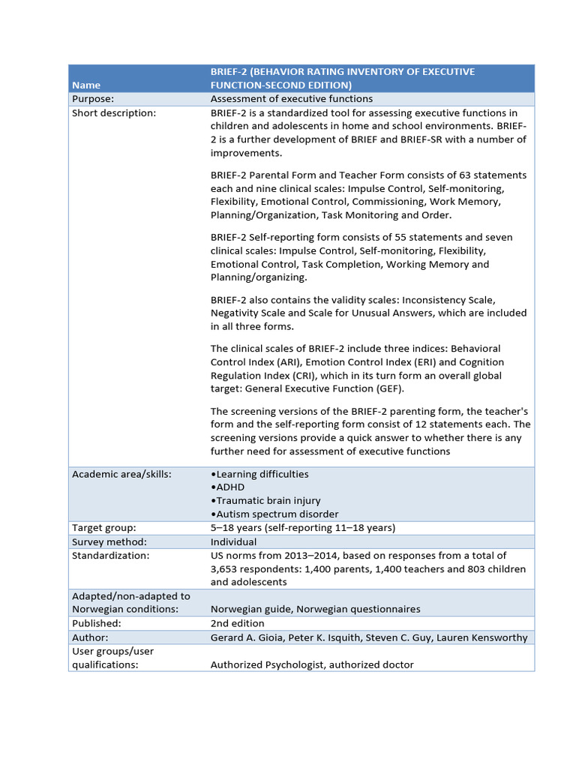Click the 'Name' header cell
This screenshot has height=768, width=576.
(x=85, y=85)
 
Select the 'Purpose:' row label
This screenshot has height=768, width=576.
(x=93, y=99)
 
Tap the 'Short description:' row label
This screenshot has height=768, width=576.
(x=114, y=113)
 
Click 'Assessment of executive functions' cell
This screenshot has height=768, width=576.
(x=291, y=99)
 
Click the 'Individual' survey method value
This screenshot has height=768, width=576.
(x=233, y=541)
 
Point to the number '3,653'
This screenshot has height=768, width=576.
(x=226, y=568)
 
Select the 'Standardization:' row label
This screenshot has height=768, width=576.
(x=110, y=555)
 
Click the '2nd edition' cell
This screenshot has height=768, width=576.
(x=237, y=623)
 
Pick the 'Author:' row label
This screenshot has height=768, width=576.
(x=91, y=637)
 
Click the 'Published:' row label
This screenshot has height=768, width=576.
(x=96, y=623)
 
